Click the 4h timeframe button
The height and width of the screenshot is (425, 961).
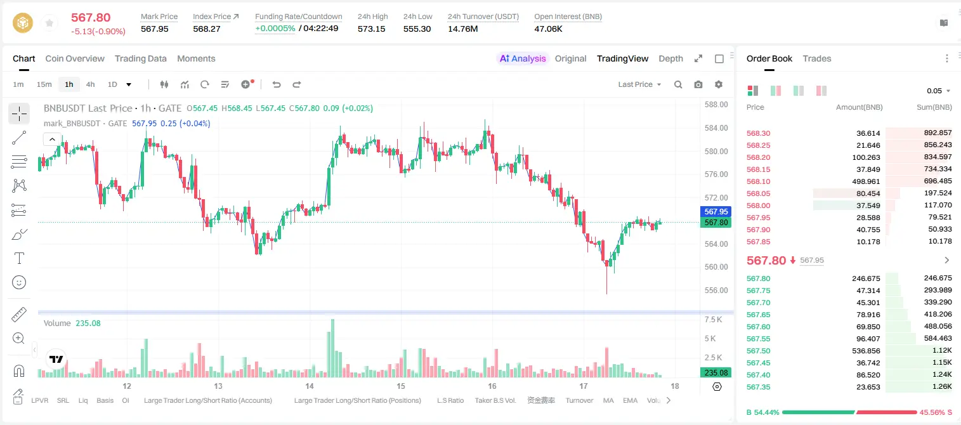click(90, 84)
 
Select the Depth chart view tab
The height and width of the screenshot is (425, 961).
click(670, 59)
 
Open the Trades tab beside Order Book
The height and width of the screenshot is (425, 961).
click(817, 59)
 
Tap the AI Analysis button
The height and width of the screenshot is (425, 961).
click(523, 59)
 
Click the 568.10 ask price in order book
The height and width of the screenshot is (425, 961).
click(758, 181)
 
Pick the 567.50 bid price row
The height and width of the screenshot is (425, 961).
click(758, 351)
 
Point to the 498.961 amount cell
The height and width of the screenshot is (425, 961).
click(866, 181)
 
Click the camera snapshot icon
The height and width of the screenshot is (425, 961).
click(698, 84)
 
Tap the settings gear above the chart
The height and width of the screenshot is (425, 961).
click(719, 84)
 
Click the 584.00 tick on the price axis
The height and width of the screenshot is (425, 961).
click(716, 128)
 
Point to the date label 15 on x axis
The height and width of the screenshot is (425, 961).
click(401, 386)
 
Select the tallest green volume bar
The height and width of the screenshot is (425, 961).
click(332, 348)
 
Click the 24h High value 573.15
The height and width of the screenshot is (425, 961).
click(372, 29)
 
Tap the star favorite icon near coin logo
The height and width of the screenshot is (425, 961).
click(49, 23)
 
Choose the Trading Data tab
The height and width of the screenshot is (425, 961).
click(141, 59)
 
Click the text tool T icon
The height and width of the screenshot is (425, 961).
click(19, 258)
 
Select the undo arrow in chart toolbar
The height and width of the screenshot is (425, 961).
click(277, 84)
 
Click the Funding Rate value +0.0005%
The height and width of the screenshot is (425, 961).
click(275, 29)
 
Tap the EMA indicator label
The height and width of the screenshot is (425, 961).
click(630, 400)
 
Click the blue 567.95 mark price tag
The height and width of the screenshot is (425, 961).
click(716, 211)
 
